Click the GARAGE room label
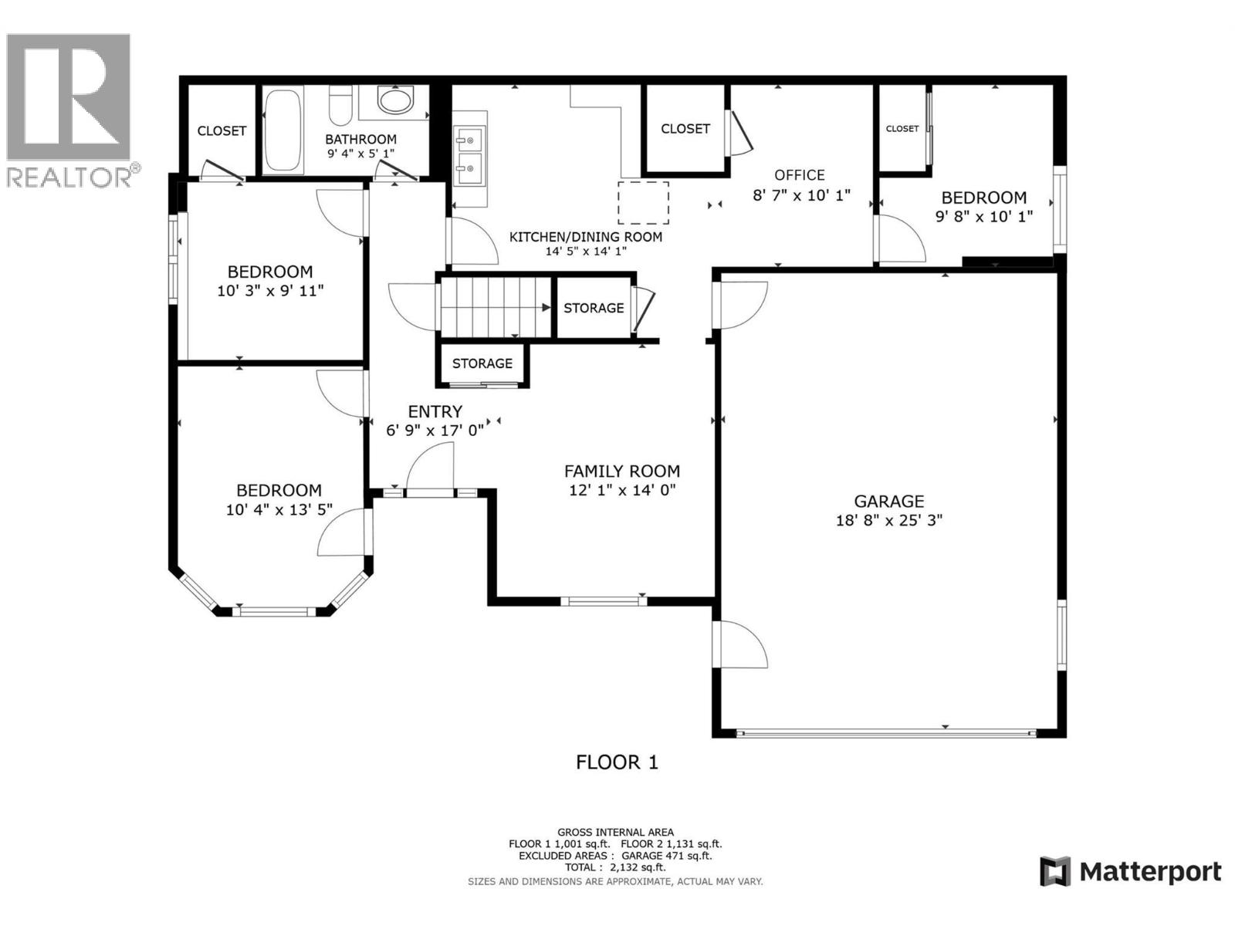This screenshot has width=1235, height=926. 888,502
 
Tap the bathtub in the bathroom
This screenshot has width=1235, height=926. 283,130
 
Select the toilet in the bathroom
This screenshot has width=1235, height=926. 340,106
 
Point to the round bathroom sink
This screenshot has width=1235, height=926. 396,100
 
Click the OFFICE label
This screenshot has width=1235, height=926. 800,175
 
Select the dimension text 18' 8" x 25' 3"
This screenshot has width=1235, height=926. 889,521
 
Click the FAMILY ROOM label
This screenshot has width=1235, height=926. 622,471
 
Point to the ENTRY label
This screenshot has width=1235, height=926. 435,412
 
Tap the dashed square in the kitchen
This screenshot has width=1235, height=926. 643,203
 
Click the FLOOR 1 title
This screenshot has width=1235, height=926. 617,762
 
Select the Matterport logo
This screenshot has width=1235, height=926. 1131,872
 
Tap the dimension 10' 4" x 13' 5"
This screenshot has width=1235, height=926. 279,510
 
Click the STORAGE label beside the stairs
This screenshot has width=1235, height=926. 594,308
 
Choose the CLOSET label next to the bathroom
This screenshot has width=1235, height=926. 222,131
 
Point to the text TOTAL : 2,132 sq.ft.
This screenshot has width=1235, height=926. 615,867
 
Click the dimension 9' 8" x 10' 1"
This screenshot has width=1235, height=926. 984,217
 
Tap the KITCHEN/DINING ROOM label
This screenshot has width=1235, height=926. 586,237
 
